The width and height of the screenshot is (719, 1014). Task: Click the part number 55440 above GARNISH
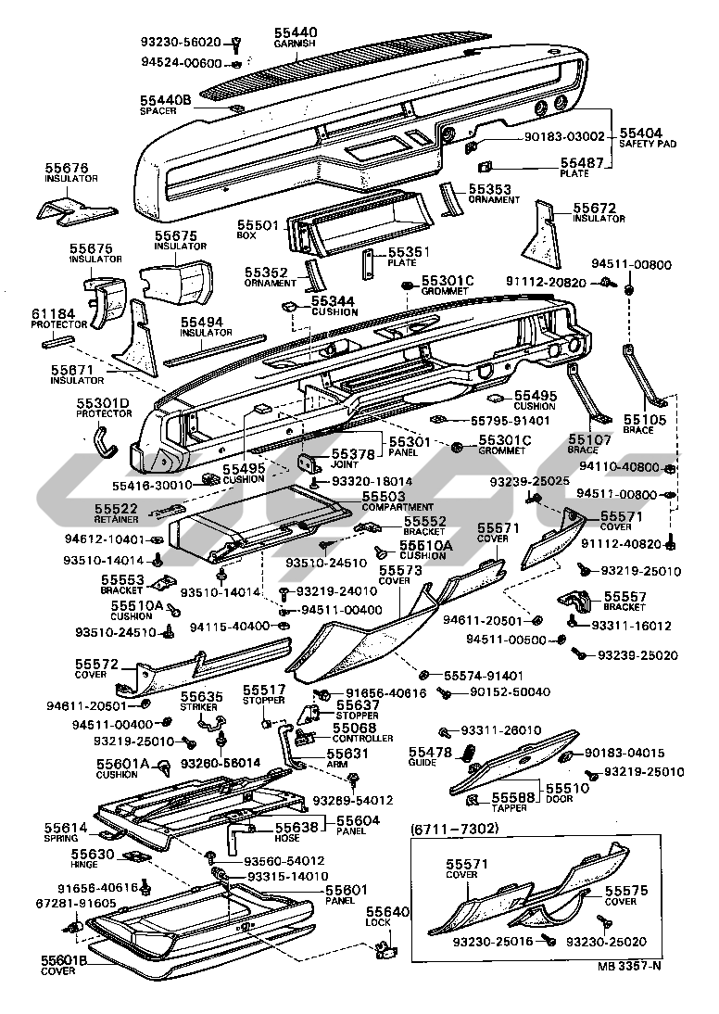tap(296, 32)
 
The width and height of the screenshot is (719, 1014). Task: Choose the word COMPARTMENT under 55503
tap(372, 508)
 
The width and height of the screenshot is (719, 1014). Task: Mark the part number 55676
tap(67, 168)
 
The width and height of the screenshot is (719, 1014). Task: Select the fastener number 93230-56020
tap(181, 42)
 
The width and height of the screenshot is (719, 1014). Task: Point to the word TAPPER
tap(510, 806)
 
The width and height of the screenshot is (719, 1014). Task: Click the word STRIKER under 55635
tap(199, 706)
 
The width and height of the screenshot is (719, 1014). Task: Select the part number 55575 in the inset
tap(621, 890)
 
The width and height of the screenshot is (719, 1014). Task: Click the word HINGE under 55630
tap(87, 864)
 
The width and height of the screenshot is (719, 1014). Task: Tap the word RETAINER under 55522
tap(115, 521)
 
